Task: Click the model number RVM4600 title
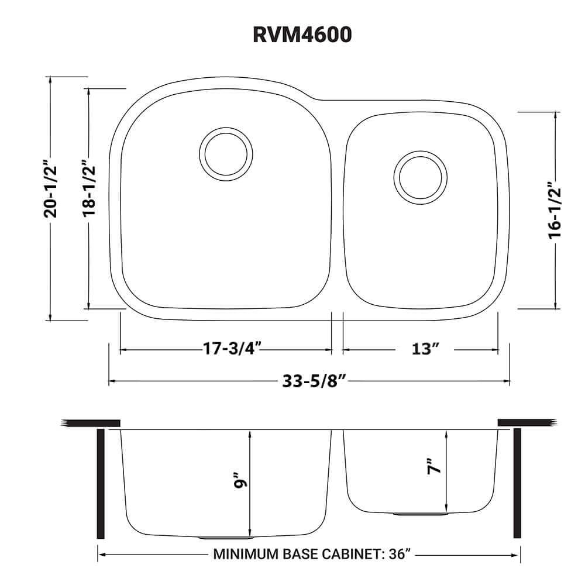click(x=302, y=35)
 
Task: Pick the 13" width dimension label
click(x=425, y=349)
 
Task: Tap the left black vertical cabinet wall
click(x=101, y=483)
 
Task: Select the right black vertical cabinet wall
click(x=517, y=483)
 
